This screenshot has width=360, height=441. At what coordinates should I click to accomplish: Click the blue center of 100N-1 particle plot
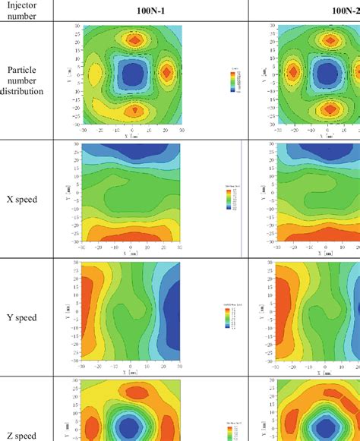coord(133,74)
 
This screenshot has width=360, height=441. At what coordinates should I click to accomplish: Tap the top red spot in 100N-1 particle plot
coord(134,40)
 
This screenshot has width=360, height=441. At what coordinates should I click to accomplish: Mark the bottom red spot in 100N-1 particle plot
coord(134,109)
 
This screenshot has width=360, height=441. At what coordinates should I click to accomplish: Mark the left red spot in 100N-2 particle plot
coord(292,73)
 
